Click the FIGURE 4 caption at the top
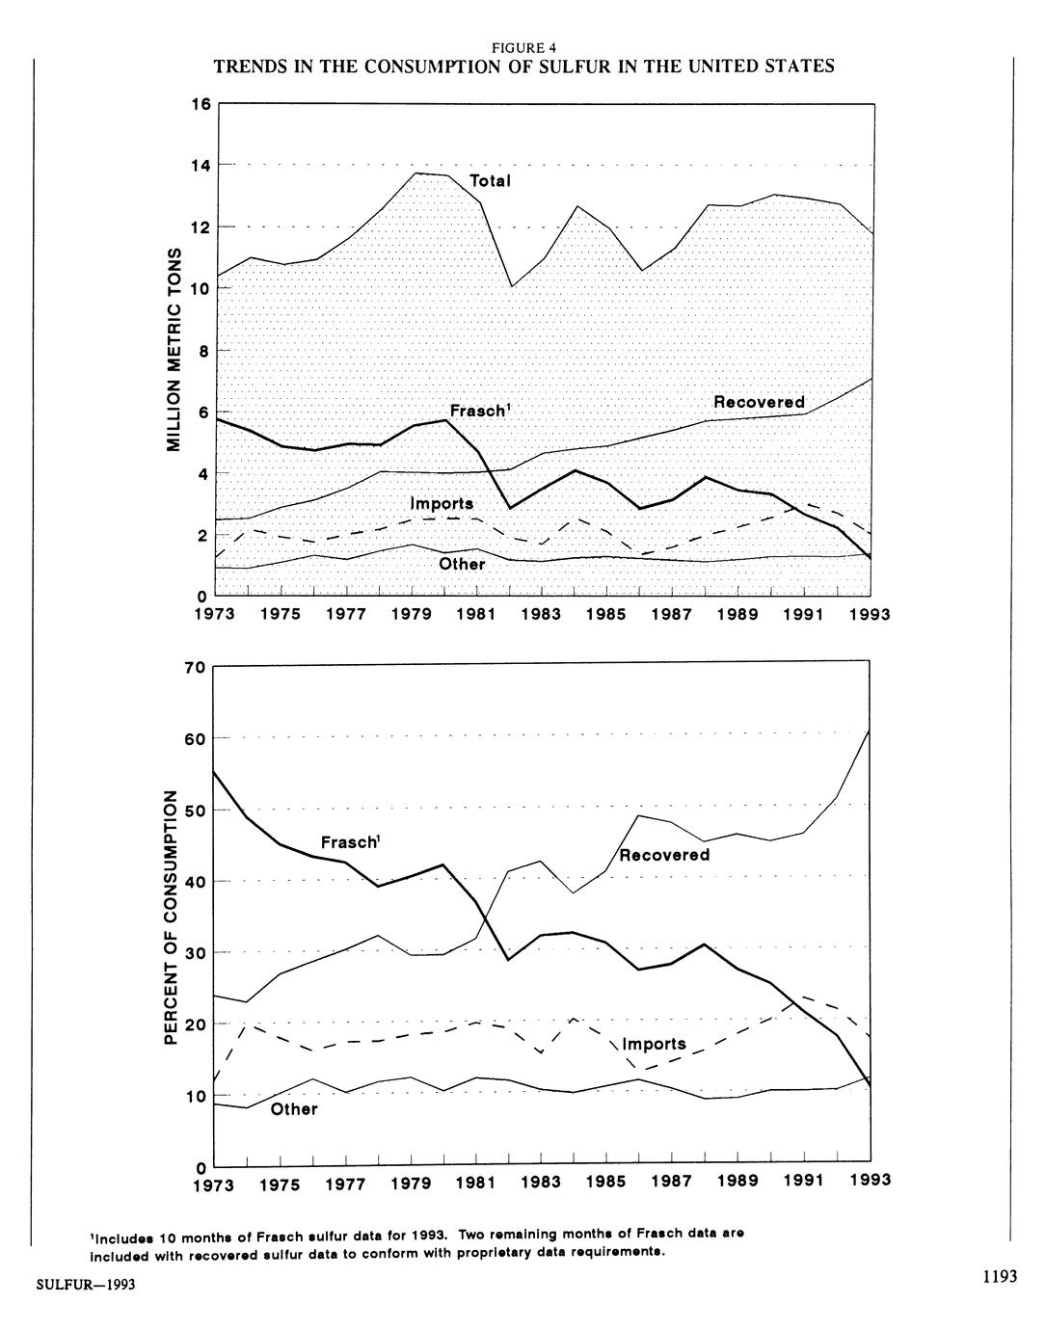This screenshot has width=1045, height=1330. pos(523,47)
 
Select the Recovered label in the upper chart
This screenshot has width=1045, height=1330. pos(759,402)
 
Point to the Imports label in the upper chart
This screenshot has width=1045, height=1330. pos(442,504)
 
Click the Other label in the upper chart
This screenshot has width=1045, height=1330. pos(462,564)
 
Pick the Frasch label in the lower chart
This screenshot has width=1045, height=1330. pos(349,842)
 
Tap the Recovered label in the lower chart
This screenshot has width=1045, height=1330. pos(664,855)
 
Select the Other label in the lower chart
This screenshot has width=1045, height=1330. pos(294,1109)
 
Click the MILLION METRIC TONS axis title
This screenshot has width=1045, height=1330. pos(174,348)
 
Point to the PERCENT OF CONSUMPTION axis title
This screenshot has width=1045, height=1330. pos(170,917)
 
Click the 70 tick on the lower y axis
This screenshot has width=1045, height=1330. pos(195,667)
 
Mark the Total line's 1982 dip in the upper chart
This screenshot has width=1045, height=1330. pos(512,286)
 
